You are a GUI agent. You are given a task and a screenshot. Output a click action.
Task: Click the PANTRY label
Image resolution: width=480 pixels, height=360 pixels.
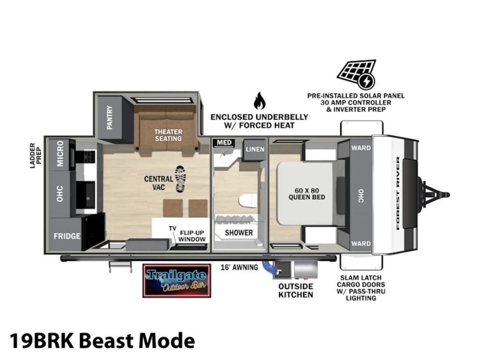[x=110, y=118]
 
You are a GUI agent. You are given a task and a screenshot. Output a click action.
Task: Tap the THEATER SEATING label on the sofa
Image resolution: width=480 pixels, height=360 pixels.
[x=168, y=135]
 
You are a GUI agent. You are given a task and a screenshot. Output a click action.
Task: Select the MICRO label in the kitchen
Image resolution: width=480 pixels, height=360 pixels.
[x=60, y=154]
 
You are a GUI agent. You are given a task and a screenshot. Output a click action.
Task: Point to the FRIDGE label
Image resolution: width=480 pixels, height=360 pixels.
[x=67, y=236]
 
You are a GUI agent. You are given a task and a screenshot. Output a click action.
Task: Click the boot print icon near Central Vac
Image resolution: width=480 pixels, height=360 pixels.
[x=180, y=180]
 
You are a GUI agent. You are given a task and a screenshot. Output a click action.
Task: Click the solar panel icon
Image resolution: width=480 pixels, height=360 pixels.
[x=357, y=75]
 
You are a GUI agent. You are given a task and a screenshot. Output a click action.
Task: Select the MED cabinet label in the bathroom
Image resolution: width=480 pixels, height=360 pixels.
[x=224, y=142]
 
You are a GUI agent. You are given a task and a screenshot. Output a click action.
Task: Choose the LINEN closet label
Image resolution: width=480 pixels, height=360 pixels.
[x=255, y=149]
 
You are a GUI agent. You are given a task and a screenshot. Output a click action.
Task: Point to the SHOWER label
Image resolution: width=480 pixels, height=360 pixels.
[x=239, y=232]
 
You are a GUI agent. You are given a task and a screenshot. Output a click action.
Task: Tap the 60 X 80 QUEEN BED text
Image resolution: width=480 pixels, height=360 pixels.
[x=307, y=194]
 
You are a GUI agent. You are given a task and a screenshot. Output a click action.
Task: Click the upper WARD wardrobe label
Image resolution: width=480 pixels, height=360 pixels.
[x=361, y=148]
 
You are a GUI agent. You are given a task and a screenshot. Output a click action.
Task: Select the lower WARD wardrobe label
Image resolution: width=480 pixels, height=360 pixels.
[x=361, y=244]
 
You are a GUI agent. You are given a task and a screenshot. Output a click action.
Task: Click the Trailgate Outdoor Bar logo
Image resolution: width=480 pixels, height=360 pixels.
[x=177, y=281]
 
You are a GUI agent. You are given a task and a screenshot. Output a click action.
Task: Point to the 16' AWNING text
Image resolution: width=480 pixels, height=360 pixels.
[x=240, y=267]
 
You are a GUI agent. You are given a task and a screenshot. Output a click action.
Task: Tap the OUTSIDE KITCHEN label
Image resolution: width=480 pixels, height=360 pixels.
[x=296, y=291]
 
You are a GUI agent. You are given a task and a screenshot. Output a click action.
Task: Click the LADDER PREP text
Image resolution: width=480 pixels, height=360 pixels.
[x=36, y=156]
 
